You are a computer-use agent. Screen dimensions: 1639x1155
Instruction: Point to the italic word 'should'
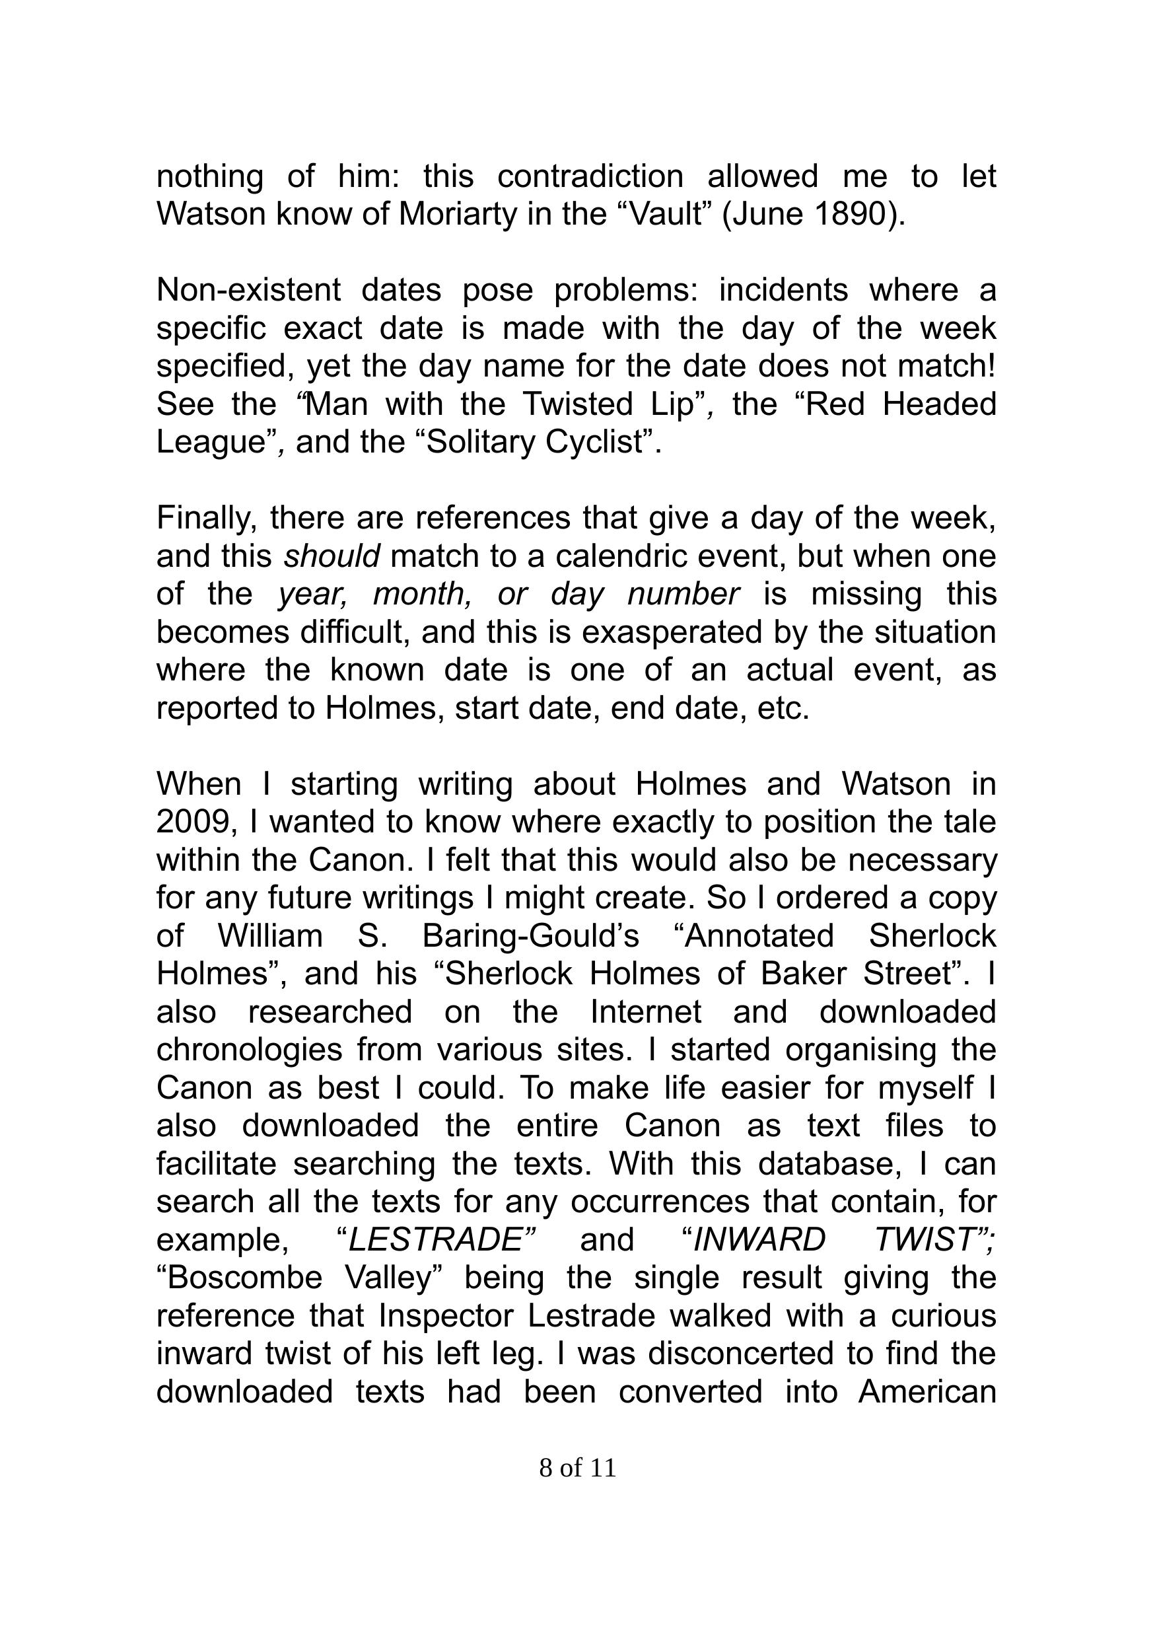point(332,556)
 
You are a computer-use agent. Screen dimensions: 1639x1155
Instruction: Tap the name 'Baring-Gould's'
point(530,936)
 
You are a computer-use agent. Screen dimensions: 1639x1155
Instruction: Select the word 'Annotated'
point(759,936)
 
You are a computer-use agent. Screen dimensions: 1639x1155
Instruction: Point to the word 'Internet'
point(646,1011)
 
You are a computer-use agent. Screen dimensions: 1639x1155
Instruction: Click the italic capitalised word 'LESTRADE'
point(436,1240)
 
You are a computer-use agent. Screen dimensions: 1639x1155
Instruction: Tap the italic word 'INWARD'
point(759,1240)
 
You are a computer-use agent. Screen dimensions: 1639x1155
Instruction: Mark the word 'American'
point(927,1391)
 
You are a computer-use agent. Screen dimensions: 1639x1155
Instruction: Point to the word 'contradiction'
point(590,176)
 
